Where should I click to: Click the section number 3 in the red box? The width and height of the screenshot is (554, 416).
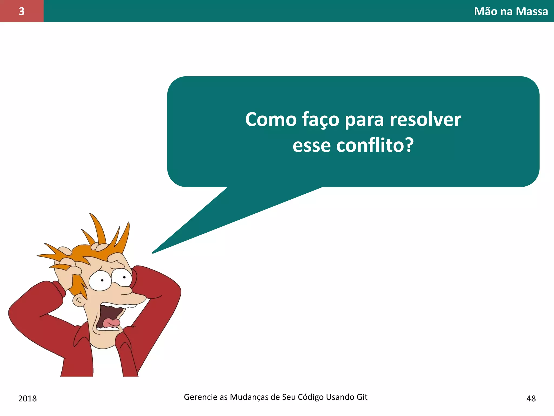point(22,11)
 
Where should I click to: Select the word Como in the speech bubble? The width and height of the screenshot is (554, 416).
point(271,119)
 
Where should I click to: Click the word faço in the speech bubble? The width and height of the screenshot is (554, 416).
point(321,119)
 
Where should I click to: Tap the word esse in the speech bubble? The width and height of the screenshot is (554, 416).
point(311,145)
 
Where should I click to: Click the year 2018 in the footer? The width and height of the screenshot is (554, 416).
point(27,398)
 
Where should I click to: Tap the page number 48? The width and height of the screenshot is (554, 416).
point(531,398)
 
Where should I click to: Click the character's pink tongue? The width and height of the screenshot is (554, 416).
point(111,322)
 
